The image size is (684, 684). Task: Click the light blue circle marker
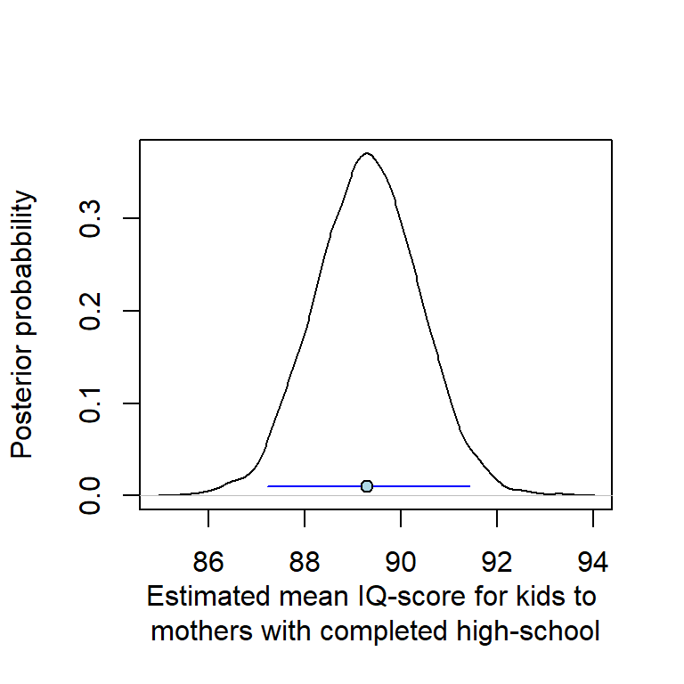coord(367,486)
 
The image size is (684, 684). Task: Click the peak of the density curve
coord(367,153)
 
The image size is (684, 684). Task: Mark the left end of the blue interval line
coord(268,486)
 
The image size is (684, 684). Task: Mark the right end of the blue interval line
coord(469,486)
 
